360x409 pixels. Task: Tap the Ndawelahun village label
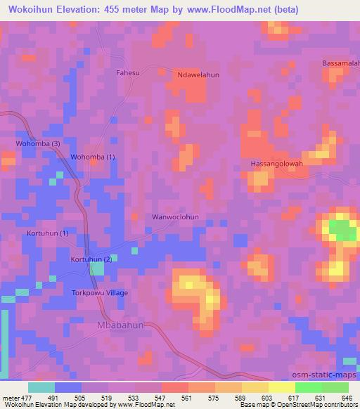click(x=199, y=75)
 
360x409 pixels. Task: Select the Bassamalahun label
click(x=341, y=64)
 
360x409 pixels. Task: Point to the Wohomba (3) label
click(x=39, y=144)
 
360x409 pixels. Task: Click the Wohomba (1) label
click(x=93, y=157)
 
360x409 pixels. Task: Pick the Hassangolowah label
click(x=276, y=164)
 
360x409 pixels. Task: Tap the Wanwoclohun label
click(x=176, y=217)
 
